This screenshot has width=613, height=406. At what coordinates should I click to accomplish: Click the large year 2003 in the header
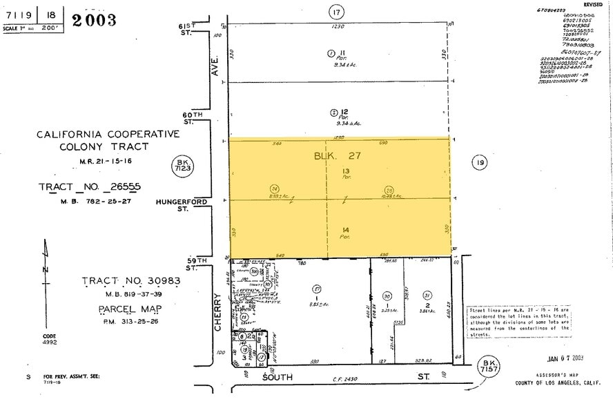pyautogui.click(x=93, y=19)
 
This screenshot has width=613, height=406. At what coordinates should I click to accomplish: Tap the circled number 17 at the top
pyautogui.click(x=336, y=12)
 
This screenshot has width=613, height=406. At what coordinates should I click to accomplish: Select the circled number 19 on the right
pyautogui.click(x=479, y=163)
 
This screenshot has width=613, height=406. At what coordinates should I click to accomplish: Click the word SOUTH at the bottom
pyautogui.click(x=278, y=378)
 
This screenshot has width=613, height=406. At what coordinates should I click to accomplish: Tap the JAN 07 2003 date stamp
pyautogui.click(x=565, y=358)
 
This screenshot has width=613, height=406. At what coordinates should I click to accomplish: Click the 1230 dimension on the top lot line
pyautogui.click(x=338, y=26)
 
